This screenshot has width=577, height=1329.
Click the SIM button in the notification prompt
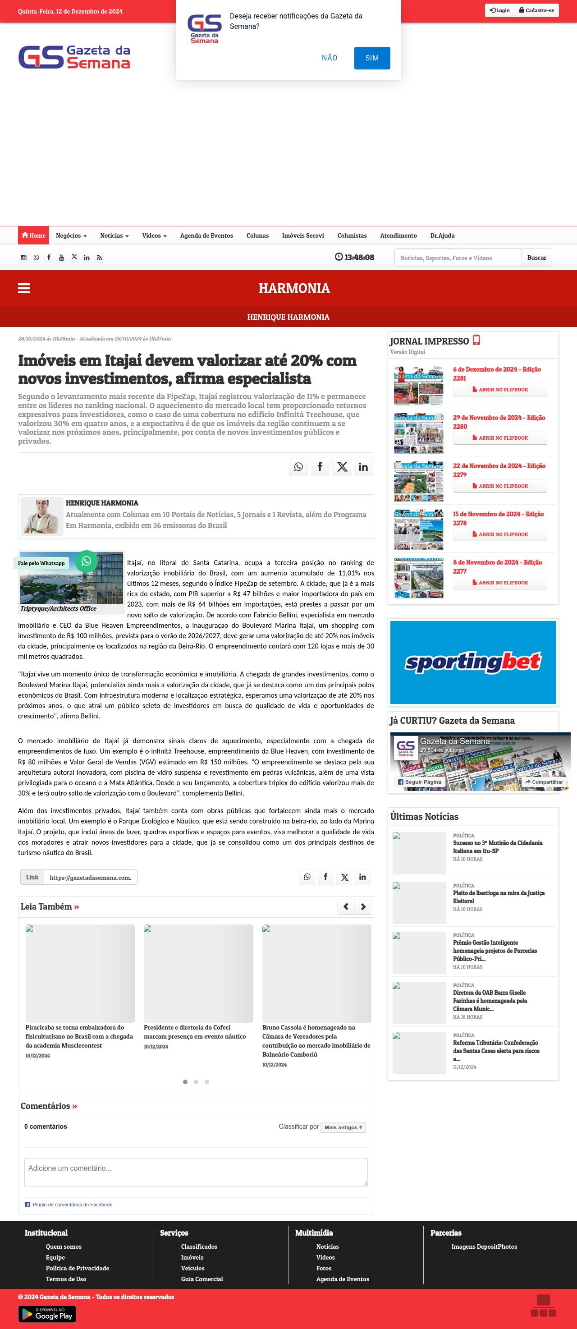(372, 58)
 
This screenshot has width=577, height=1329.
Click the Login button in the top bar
(499, 10)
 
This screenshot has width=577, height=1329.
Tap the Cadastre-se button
(536, 10)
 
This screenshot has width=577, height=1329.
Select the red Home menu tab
(33, 235)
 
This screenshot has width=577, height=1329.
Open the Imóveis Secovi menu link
(302, 235)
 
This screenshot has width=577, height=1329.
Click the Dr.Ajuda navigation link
(442, 235)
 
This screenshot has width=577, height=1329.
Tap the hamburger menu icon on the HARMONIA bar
(24, 288)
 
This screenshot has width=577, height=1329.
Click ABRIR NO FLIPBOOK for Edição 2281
(499, 390)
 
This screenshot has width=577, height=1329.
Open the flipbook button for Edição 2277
(499, 583)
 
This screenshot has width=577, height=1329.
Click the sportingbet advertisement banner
(473, 662)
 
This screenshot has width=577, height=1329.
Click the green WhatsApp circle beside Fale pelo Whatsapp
(86, 561)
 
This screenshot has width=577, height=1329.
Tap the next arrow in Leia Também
(363, 906)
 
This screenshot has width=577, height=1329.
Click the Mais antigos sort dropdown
(343, 1127)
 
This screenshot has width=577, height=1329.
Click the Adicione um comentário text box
(196, 1172)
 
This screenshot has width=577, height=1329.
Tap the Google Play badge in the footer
(47, 1314)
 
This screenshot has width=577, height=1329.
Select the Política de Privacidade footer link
(78, 1268)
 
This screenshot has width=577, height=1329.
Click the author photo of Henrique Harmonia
(42, 516)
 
